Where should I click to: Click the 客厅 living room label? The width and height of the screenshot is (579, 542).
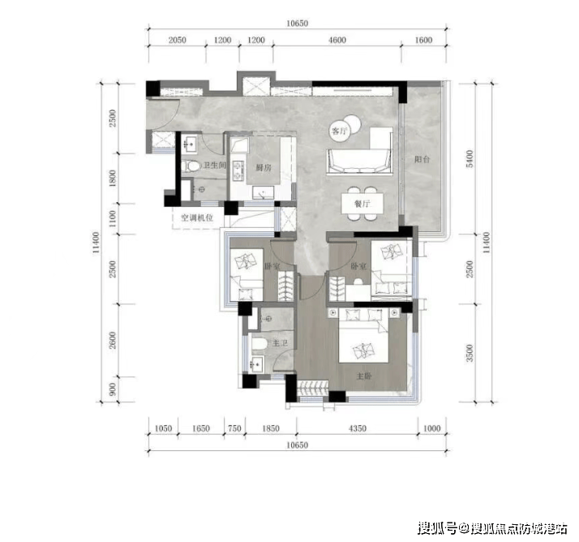pyautogui.click(x=339, y=131)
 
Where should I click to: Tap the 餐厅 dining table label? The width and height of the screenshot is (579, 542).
pyautogui.click(x=362, y=204)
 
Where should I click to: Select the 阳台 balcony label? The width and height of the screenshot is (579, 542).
pyautogui.click(x=422, y=159)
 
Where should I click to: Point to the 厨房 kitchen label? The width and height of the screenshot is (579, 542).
pyautogui.click(x=264, y=167)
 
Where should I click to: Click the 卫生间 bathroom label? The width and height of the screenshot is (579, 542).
pyautogui.click(x=214, y=165)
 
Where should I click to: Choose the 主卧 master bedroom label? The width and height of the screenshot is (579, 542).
pyautogui.click(x=364, y=376)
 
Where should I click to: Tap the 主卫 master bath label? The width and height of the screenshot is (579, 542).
pyautogui.click(x=280, y=343)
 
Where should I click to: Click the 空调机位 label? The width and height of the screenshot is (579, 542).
pyautogui.click(x=197, y=217)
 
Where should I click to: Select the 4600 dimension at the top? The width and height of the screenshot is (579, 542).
pyautogui.click(x=337, y=40)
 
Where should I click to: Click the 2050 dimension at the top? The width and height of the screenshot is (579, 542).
pyautogui.click(x=178, y=40)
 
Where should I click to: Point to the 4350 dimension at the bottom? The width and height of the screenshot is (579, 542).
pyautogui.click(x=358, y=428)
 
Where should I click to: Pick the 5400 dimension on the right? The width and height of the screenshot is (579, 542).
pyautogui.click(x=470, y=158)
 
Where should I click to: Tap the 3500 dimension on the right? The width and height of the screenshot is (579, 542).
pyautogui.click(x=470, y=353)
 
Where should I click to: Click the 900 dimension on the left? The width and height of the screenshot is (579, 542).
pyautogui.click(x=113, y=389)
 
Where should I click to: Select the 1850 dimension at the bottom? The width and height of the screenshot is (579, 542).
pyautogui.click(x=271, y=428)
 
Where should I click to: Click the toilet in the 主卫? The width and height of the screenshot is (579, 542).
pyautogui.click(x=259, y=343)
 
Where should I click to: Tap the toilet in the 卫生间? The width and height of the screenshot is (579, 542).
pyautogui.click(x=191, y=166)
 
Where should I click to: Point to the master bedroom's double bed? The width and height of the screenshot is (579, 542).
pyautogui.click(x=364, y=336)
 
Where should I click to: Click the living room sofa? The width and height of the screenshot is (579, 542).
pyautogui.click(x=358, y=161)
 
